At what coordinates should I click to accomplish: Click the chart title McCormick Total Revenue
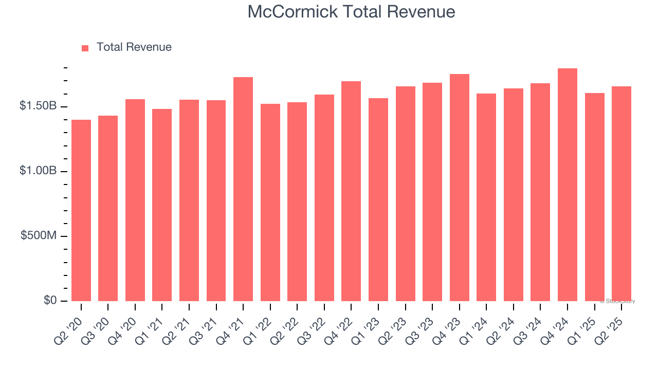point(351,12)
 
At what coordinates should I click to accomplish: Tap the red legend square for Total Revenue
point(85,48)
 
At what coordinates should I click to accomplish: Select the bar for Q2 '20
point(81,210)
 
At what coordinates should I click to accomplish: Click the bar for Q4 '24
point(568,184)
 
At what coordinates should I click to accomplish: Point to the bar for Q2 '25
point(622,194)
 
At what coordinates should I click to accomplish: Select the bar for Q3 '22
point(324,198)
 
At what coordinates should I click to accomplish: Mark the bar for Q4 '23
point(460,188)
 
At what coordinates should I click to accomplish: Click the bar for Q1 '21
point(162,205)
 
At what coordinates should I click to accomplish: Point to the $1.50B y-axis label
point(38,106)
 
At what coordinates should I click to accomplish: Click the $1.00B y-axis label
point(38,171)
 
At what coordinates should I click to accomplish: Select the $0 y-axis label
point(50,301)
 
